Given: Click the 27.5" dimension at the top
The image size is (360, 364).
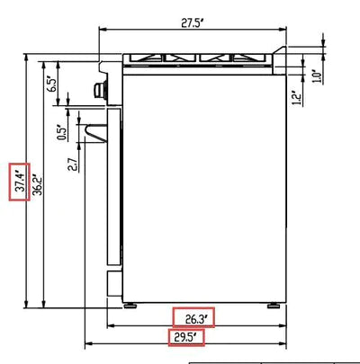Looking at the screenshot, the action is tap(193, 23).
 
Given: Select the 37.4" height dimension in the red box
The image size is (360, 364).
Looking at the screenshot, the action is tap(21, 182).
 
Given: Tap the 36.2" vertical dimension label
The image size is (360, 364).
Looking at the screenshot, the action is tap(37, 184).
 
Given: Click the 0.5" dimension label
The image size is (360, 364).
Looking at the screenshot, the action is tap(61, 132).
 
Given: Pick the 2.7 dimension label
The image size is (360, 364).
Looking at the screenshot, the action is tap(74, 164).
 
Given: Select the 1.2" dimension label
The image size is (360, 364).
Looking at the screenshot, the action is tap(297, 97).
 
